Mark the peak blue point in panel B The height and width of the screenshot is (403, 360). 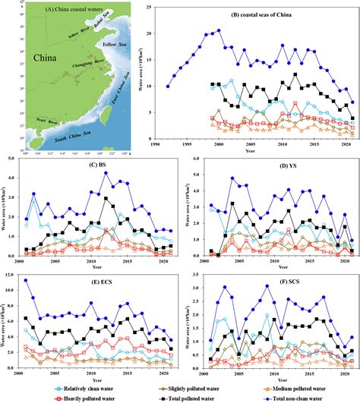tap(219, 31)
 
